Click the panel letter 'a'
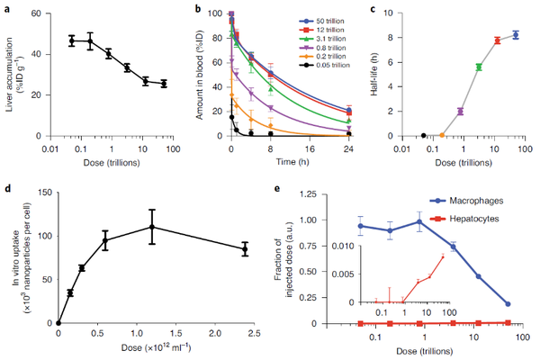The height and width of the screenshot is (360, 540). click(7, 9)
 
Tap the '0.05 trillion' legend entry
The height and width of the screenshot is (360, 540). click(324, 65)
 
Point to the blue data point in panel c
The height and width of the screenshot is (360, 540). click(516, 35)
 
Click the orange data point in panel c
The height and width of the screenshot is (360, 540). click(442, 135)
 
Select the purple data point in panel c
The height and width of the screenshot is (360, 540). click(461, 112)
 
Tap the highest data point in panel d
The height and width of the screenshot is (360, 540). click(152, 227)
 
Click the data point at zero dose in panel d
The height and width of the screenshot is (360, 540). click(58, 323)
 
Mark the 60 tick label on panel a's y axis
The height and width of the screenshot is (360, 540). click(36, 13)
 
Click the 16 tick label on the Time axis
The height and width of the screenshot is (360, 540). click(310, 149)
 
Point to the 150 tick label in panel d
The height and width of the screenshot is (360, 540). click(46, 193)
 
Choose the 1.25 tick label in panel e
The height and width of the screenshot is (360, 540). click(308, 194)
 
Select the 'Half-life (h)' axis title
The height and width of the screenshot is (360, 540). click(375, 75)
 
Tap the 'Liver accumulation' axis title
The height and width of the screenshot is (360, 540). click(9, 75)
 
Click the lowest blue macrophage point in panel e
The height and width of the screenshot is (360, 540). click(508, 304)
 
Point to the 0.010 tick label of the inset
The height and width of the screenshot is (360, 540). click(342, 246)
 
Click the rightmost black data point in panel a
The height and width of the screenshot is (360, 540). click(164, 84)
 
